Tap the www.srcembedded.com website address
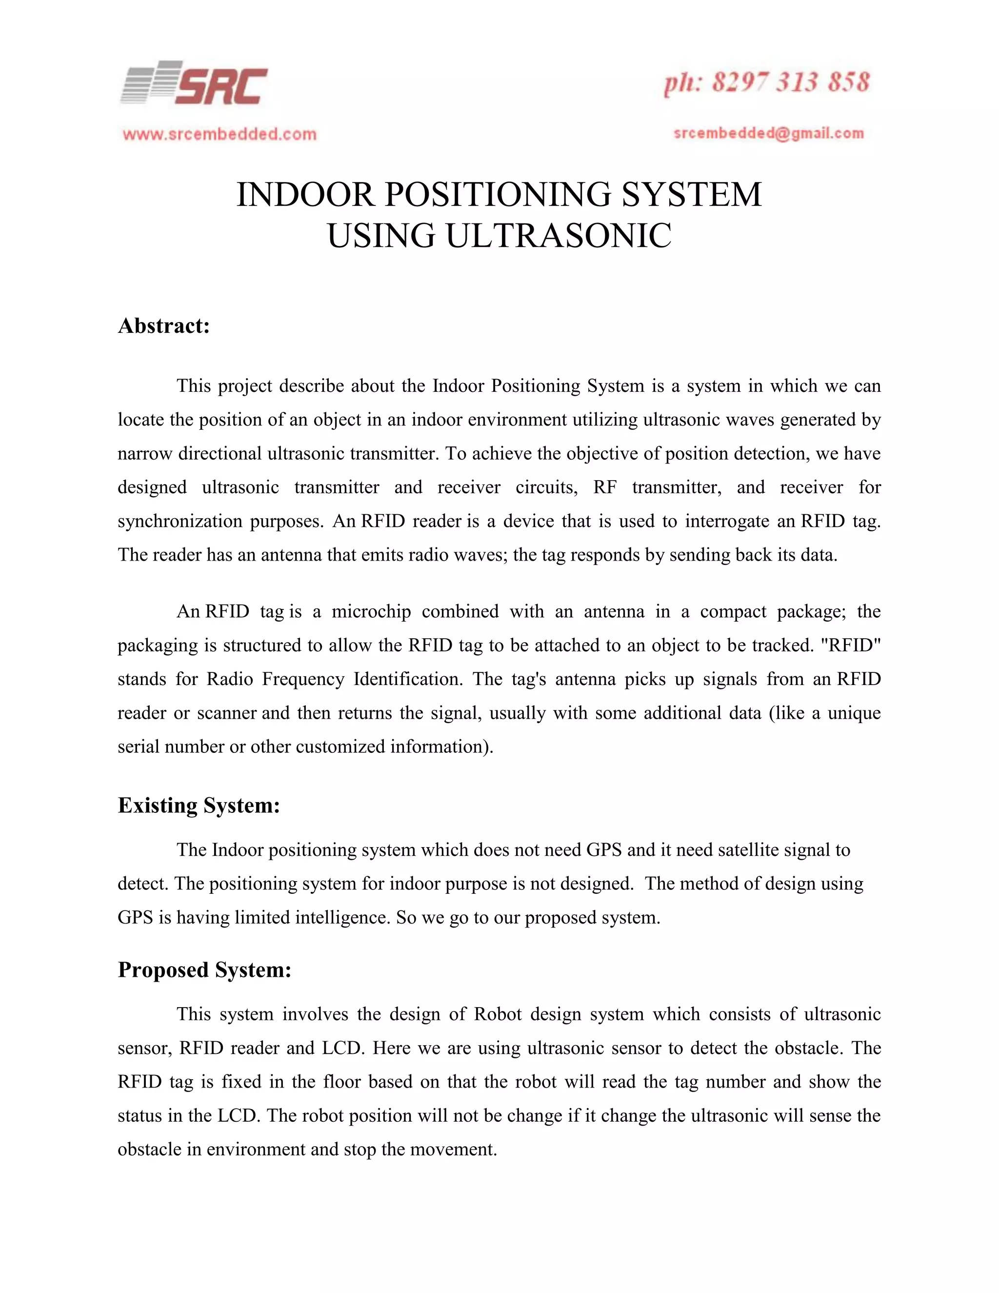tap(220, 134)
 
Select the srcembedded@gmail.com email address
tap(769, 133)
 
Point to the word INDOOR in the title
tap(305, 194)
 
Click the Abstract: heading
tap(164, 325)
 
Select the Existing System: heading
tap(198, 805)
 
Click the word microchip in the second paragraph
tap(371, 611)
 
